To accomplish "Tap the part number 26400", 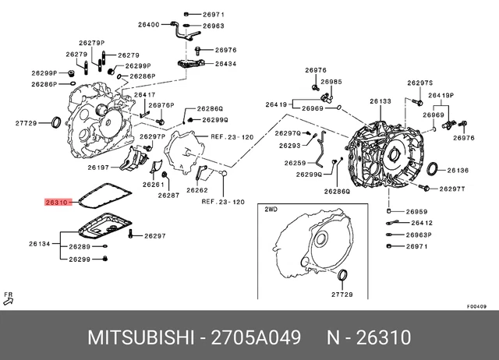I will (x=148, y=24).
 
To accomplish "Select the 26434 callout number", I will (x=225, y=64).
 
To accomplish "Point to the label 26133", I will (x=380, y=101).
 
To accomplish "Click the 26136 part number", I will (x=458, y=170).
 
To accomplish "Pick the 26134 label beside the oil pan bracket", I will (x=39, y=244).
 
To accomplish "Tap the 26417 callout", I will (x=144, y=95).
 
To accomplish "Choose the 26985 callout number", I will (x=331, y=82).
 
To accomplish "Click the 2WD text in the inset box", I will (x=271, y=210).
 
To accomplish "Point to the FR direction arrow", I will (x=9, y=298).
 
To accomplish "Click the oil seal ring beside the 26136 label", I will (x=434, y=170).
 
